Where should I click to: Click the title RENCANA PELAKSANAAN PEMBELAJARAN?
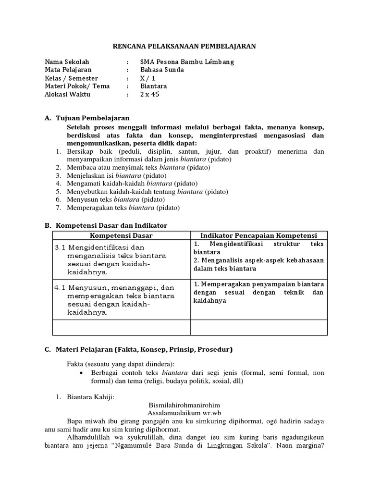(x=184, y=46)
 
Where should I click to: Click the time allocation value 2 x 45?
(x=149, y=94)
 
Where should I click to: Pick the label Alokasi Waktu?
(x=67, y=94)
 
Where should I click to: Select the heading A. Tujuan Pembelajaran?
(x=86, y=118)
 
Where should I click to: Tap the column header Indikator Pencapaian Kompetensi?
(x=259, y=235)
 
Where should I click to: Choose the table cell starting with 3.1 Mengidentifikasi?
(x=121, y=259)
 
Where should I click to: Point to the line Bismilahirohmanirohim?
(x=184, y=405)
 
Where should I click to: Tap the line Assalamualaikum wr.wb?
(x=184, y=413)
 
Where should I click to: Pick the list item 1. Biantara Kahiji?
(x=88, y=397)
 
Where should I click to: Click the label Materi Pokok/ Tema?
(x=77, y=86)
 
